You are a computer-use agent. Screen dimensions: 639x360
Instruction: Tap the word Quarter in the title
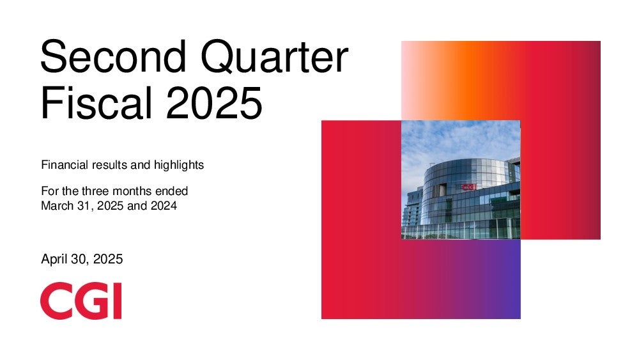coord(275,57)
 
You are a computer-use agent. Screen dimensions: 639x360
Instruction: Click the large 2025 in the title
coord(214,102)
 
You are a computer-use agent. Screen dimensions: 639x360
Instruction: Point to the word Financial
coord(65,165)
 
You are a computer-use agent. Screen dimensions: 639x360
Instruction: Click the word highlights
coord(179,165)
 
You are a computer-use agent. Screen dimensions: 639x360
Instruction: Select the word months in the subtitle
coord(134,191)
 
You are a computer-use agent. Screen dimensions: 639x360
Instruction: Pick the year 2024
coord(164,205)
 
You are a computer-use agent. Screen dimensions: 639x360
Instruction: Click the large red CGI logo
coord(81,301)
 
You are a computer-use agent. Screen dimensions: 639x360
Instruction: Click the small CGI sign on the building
coord(469,187)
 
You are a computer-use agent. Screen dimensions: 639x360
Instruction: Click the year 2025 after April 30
coord(108,259)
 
